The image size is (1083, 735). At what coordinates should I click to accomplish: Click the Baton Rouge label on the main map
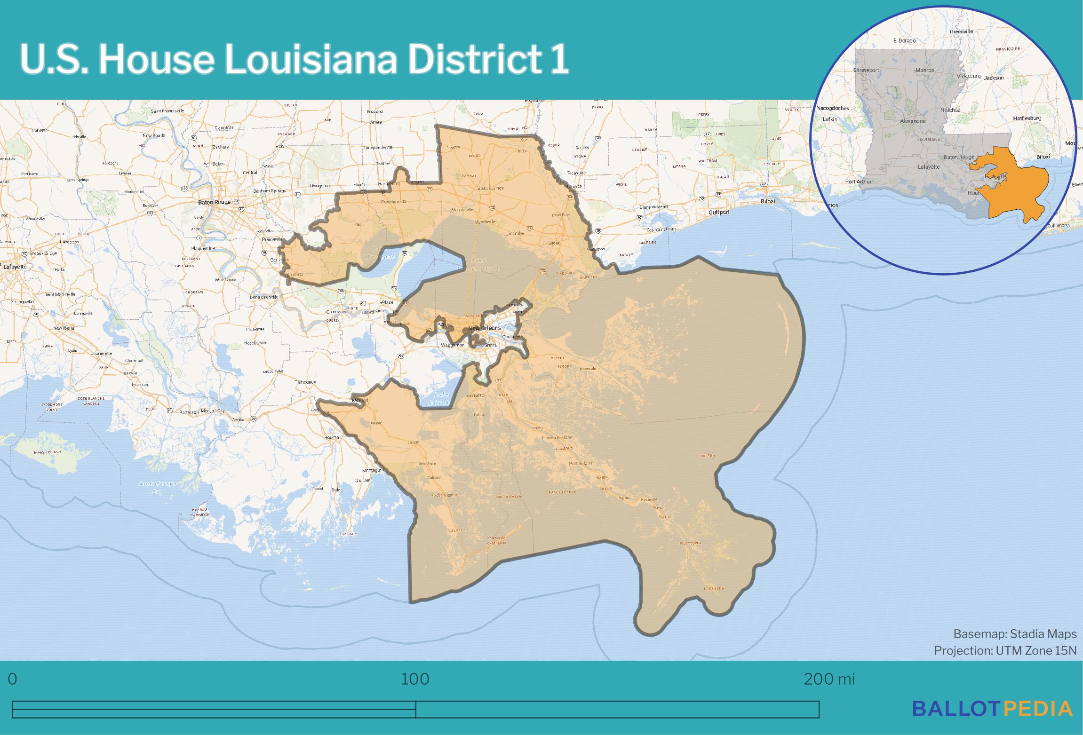(x=215, y=202)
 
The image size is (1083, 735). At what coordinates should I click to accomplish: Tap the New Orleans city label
(x=484, y=328)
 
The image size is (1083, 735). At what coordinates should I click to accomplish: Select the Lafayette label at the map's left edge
(x=15, y=266)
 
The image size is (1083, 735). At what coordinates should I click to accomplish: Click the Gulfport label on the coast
(x=719, y=212)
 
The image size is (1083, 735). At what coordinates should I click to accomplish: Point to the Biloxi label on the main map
(x=767, y=201)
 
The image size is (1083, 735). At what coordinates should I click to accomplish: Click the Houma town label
(x=332, y=437)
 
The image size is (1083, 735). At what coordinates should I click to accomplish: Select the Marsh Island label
(x=48, y=452)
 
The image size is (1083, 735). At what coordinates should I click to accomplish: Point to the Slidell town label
(x=554, y=243)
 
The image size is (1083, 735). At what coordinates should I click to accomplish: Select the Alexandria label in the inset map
(x=913, y=121)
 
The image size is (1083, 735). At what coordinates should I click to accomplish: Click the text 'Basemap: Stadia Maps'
(x=1015, y=634)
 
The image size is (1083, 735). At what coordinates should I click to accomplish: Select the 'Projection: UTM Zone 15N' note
(x=1005, y=650)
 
